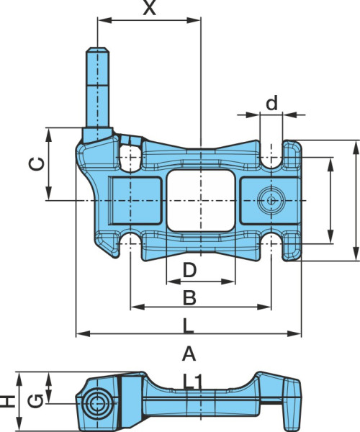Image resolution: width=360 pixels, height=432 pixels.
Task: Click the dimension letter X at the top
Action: click(149, 8)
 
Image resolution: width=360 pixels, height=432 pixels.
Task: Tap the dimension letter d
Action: click(271, 103)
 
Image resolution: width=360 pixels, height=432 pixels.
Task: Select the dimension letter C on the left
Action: click(36, 164)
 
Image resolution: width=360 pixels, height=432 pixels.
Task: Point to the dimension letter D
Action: click(189, 270)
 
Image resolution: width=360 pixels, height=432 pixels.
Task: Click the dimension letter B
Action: click(189, 297)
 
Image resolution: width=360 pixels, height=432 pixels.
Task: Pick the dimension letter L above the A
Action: click(189, 325)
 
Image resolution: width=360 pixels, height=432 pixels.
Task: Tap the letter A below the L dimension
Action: click(189, 354)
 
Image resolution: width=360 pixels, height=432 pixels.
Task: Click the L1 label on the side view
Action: click(193, 382)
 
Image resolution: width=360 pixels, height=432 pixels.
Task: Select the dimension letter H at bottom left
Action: click(7, 401)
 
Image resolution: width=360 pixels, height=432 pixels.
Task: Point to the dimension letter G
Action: click(36, 401)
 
